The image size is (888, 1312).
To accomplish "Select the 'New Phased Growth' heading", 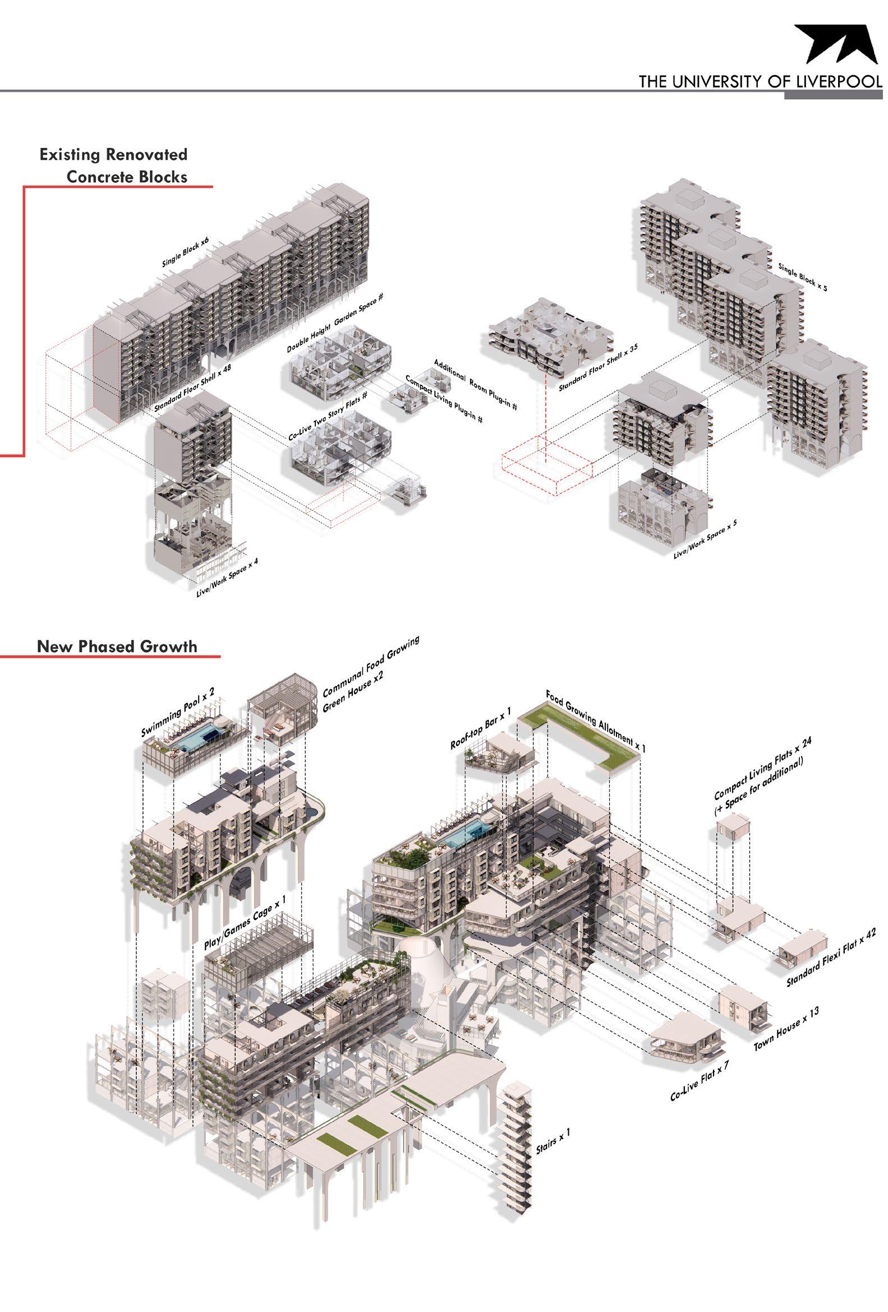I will tap(117, 646).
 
